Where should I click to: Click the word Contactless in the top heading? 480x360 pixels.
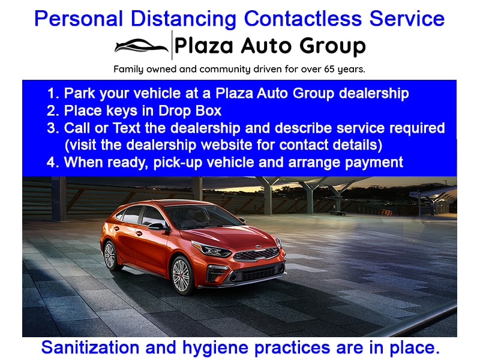click(x=303, y=19)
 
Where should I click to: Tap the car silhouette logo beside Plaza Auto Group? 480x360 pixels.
click(x=142, y=46)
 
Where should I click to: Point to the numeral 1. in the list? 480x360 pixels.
click(x=53, y=94)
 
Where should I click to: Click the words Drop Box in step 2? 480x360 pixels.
click(x=190, y=111)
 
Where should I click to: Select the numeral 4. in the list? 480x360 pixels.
click(x=53, y=163)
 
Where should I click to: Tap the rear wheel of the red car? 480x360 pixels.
click(x=110, y=256)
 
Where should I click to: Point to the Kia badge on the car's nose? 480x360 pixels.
click(x=259, y=247)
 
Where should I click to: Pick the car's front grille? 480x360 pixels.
click(x=257, y=254)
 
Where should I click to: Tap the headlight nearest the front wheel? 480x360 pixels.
click(x=212, y=249)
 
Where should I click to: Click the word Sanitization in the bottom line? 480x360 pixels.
click(x=90, y=347)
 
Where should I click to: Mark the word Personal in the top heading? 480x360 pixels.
click(x=79, y=19)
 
